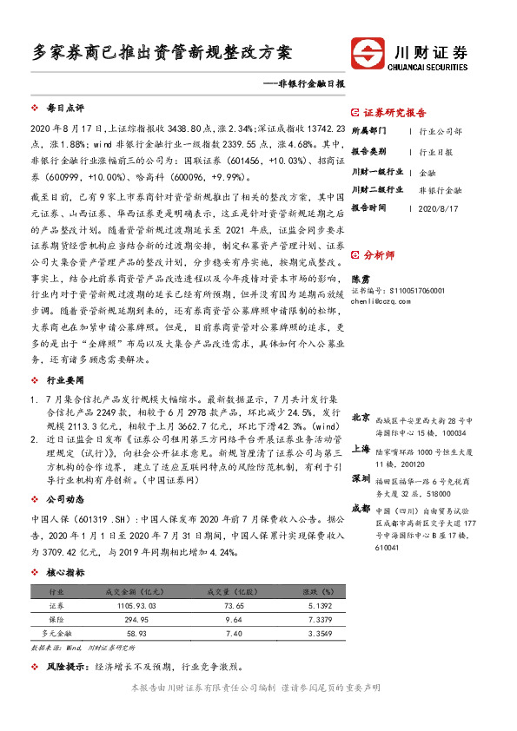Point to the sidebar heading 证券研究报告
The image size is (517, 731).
pos(394,113)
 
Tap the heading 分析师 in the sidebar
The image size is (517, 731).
pos(380,256)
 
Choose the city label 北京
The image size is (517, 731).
pos(360,418)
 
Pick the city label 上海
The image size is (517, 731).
pos(360,448)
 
